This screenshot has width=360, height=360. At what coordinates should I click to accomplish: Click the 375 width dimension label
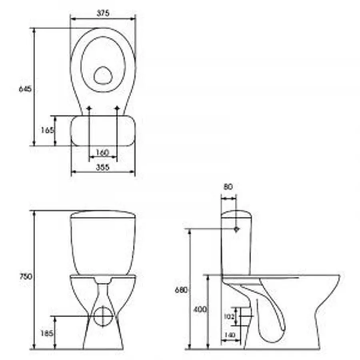click(103, 13)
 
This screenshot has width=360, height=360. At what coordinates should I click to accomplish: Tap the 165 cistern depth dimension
click(47, 130)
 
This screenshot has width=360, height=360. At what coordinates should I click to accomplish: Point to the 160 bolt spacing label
click(103, 152)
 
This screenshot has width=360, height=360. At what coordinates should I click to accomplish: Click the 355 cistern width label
click(103, 168)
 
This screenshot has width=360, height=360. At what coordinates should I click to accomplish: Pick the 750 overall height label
click(25, 276)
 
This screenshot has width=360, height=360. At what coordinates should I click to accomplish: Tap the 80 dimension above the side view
click(228, 186)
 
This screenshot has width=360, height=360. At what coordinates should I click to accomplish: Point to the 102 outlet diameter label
click(229, 316)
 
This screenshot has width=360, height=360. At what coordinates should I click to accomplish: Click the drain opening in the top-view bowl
click(103, 75)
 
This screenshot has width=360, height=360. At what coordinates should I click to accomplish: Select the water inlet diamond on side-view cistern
click(236, 229)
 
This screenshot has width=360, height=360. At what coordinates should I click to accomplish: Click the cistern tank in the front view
click(103, 242)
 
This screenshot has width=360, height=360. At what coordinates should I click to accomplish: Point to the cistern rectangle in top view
click(103, 130)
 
